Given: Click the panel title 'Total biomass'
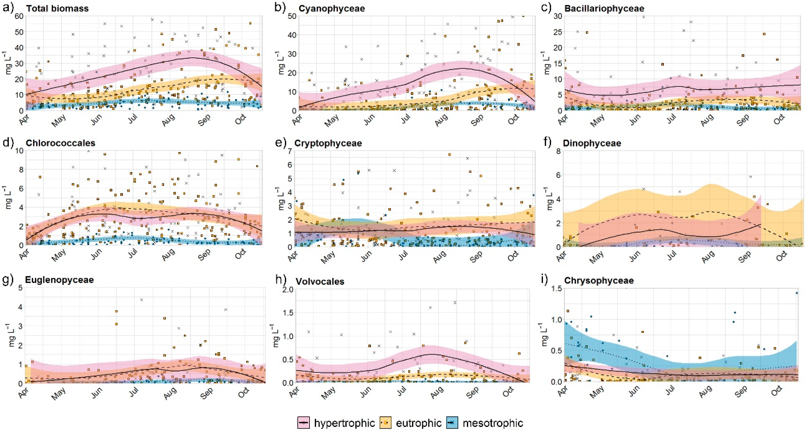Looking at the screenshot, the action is point(57,8).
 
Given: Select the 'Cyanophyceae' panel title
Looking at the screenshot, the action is point(332,8).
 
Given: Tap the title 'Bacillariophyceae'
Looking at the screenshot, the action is point(604,8).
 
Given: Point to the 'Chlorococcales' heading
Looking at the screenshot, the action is point(60,143).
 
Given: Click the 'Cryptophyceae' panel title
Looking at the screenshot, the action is point(328,143).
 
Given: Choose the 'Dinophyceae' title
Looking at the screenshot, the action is point(592,143).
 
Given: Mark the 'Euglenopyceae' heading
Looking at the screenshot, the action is point(59,280).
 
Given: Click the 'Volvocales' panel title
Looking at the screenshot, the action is point(320,281).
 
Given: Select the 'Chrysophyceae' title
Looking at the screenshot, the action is point(599,281).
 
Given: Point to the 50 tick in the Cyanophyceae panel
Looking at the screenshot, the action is point(292,16).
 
